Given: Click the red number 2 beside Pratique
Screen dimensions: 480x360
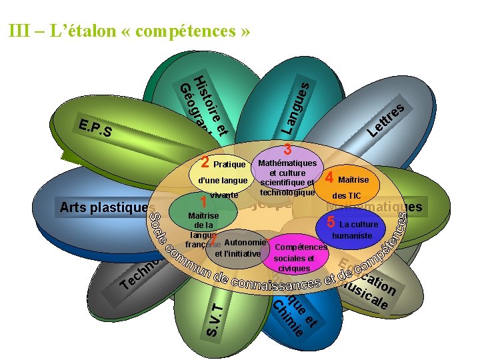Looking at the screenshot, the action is click(206, 162).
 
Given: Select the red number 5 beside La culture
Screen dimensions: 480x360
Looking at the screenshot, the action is click(331, 223).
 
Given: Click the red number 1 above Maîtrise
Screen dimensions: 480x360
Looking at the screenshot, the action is click(204, 202).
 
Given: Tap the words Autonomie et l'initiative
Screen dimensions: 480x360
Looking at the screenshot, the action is click(237, 247).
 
